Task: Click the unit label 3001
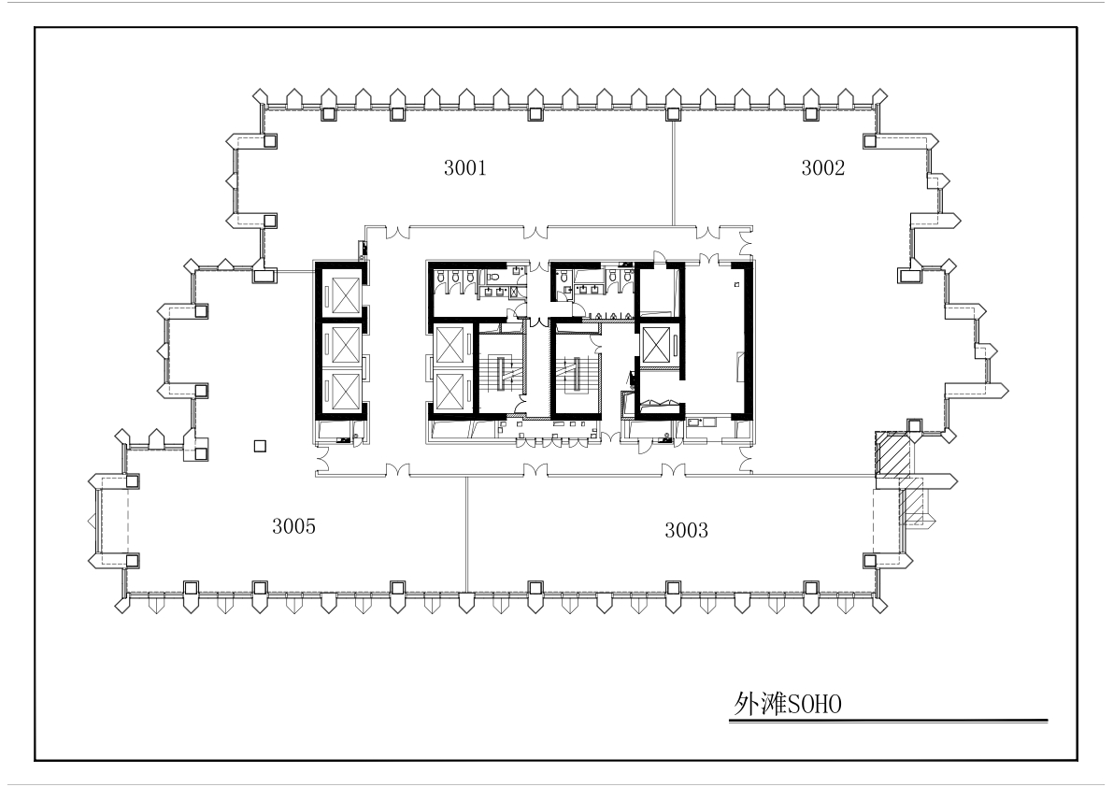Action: (x=465, y=167)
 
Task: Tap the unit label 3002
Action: (x=822, y=167)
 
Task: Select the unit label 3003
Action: (x=686, y=530)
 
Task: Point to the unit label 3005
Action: (x=293, y=526)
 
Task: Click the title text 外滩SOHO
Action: (x=788, y=704)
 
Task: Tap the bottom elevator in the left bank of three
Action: (x=341, y=391)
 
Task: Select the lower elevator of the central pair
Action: (x=450, y=391)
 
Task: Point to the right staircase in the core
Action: (x=576, y=373)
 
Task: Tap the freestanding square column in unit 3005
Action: (x=260, y=446)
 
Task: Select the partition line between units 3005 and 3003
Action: (x=466, y=535)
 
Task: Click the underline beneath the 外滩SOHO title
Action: (x=888, y=721)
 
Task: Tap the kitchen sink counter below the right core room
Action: (x=701, y=423)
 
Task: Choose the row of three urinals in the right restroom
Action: (x=606, y=314)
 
